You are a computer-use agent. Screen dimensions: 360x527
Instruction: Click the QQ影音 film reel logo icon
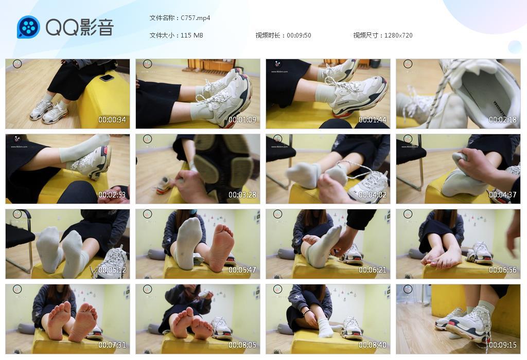click(28, 27)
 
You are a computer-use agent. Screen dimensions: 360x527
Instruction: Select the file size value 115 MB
click(192, 35)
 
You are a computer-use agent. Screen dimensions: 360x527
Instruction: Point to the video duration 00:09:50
click(298, 35)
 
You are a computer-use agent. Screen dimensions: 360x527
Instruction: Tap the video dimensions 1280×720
click(398, 35)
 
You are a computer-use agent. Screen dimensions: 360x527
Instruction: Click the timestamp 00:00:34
click(112, 120)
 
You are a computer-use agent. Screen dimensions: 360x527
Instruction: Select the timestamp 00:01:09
click(242, 120)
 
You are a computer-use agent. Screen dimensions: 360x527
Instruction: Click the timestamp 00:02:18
click(503, 120)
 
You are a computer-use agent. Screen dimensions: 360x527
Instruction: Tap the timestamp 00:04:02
click(373, 195)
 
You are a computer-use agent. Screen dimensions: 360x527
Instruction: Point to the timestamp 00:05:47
click(242, 270)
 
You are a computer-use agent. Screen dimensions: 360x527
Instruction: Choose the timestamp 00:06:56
click(503, 270)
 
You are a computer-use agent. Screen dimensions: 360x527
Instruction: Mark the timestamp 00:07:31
click(112, 345)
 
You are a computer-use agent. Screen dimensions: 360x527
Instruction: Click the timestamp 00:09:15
click(503, 345)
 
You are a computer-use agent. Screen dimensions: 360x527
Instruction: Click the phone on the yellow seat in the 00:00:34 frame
click(107, 78)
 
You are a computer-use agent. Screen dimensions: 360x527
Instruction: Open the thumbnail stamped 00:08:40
click(328, 319)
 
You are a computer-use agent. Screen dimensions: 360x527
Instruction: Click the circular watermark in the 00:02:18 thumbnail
click(408, 64)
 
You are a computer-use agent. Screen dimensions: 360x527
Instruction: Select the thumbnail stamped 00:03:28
click(198, 169)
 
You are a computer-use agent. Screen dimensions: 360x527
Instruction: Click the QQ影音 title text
click(79, 27)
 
